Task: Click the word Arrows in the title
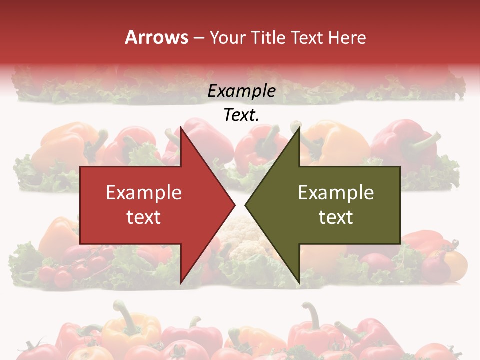157,37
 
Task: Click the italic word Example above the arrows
242,91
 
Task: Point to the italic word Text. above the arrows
242,115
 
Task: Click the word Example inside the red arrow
144,192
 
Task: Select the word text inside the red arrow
144,217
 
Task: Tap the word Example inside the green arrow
336,192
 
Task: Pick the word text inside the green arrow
336,217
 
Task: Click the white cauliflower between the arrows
240,235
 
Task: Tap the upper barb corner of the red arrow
181,128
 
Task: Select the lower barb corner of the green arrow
299,283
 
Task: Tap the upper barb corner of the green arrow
299,128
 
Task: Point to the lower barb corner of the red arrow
181,283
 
